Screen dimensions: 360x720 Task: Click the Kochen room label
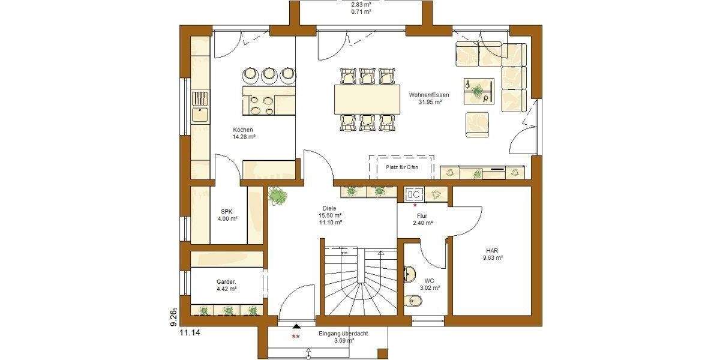[244, 130]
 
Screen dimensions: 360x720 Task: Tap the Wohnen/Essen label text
[428, 95]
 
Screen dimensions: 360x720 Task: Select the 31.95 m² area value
[430, 102]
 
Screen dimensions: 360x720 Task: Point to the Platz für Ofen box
[401, 166]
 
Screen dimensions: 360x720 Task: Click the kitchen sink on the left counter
[199, 113]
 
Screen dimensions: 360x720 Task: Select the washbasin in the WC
[410, 274]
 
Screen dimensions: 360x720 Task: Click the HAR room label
[492, 250]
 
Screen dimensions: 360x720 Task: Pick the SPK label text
[227, 212]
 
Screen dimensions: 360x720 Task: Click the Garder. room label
[226, 281]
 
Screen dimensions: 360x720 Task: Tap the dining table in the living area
[367, 98]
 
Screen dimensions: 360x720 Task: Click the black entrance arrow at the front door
[296, 327]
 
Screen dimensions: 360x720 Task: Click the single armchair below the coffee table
[478, 124]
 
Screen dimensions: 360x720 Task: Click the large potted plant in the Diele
[277, 196]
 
